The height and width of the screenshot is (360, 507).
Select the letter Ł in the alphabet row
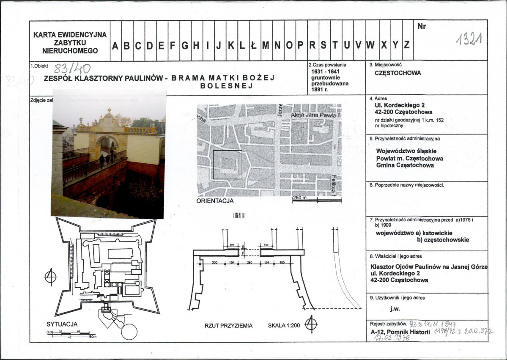254,46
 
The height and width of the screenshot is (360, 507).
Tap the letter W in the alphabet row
370,46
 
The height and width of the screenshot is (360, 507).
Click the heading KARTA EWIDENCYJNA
70,35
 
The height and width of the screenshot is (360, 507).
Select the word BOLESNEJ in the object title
226,86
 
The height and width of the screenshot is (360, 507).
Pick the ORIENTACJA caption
215,201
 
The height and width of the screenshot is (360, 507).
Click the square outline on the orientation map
227,165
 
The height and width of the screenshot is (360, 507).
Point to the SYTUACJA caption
62,324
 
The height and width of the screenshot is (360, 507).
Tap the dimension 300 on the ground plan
214,263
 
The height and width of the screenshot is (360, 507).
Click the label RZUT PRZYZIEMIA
228,326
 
